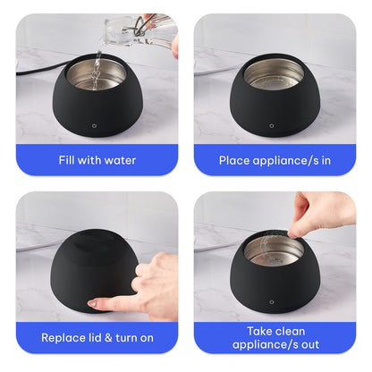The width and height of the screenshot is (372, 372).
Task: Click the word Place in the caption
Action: [239, 161]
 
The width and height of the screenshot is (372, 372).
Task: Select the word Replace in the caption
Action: [66, 338]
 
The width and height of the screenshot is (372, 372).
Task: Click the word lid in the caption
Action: [101, 338]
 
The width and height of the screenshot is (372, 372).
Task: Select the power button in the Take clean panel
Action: [275, 303]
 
